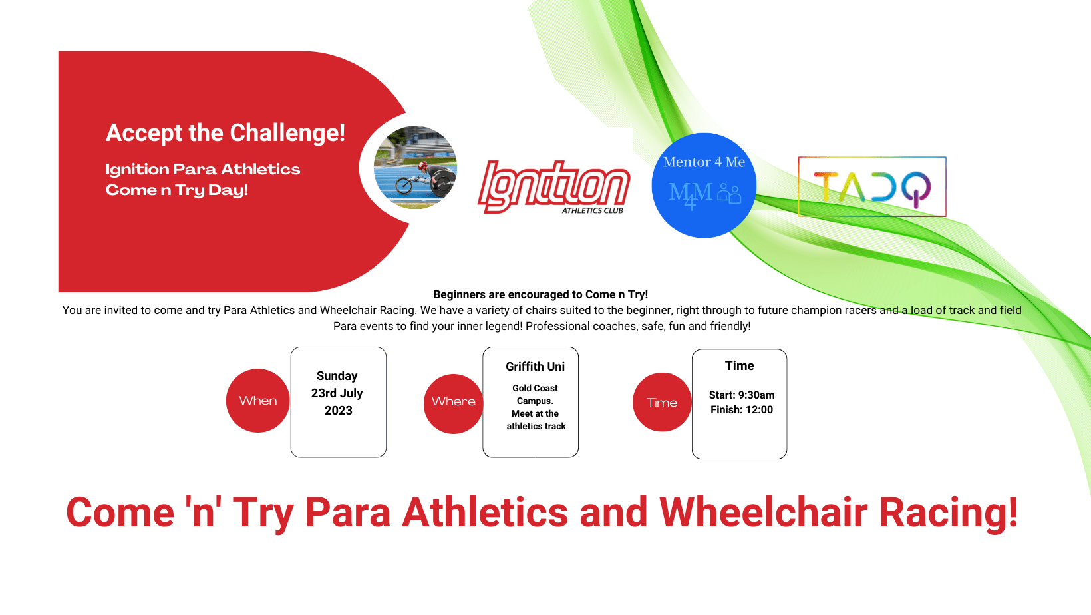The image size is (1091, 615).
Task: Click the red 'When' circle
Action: tap(257, 401)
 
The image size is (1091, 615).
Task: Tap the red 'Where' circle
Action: tap(454, 403)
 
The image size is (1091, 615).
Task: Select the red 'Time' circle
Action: tap(662, 402)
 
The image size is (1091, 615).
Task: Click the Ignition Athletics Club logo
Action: tap(553, 188)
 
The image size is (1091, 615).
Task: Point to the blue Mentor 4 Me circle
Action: tap(704, 185)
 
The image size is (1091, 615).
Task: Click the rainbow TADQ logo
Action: tap(872, 186)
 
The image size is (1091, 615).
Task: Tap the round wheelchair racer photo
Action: tap(416, 168)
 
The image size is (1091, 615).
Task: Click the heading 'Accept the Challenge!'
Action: tap(226, 133)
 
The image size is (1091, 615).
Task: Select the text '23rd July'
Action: tap(337, 393)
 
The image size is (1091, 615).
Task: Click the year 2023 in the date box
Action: tap(339, 410)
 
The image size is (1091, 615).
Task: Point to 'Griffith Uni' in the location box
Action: tap(536, 367)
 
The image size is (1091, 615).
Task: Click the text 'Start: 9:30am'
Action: tap(742, 395)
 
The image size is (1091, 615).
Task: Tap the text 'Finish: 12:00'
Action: tap(742, 410)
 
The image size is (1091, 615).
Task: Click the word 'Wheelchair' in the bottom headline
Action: tap(764, 512)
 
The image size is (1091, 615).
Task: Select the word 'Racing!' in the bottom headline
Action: tap(949, 513)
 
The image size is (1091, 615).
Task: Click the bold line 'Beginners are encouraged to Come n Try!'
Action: tap(541, 294)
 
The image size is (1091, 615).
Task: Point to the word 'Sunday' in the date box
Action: tap(337, 376)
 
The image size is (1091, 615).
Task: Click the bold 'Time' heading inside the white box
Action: tap(739, 365)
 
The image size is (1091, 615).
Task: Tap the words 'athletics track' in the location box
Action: tap(536, 427)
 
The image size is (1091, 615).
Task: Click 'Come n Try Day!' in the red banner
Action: tap(177, 190)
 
